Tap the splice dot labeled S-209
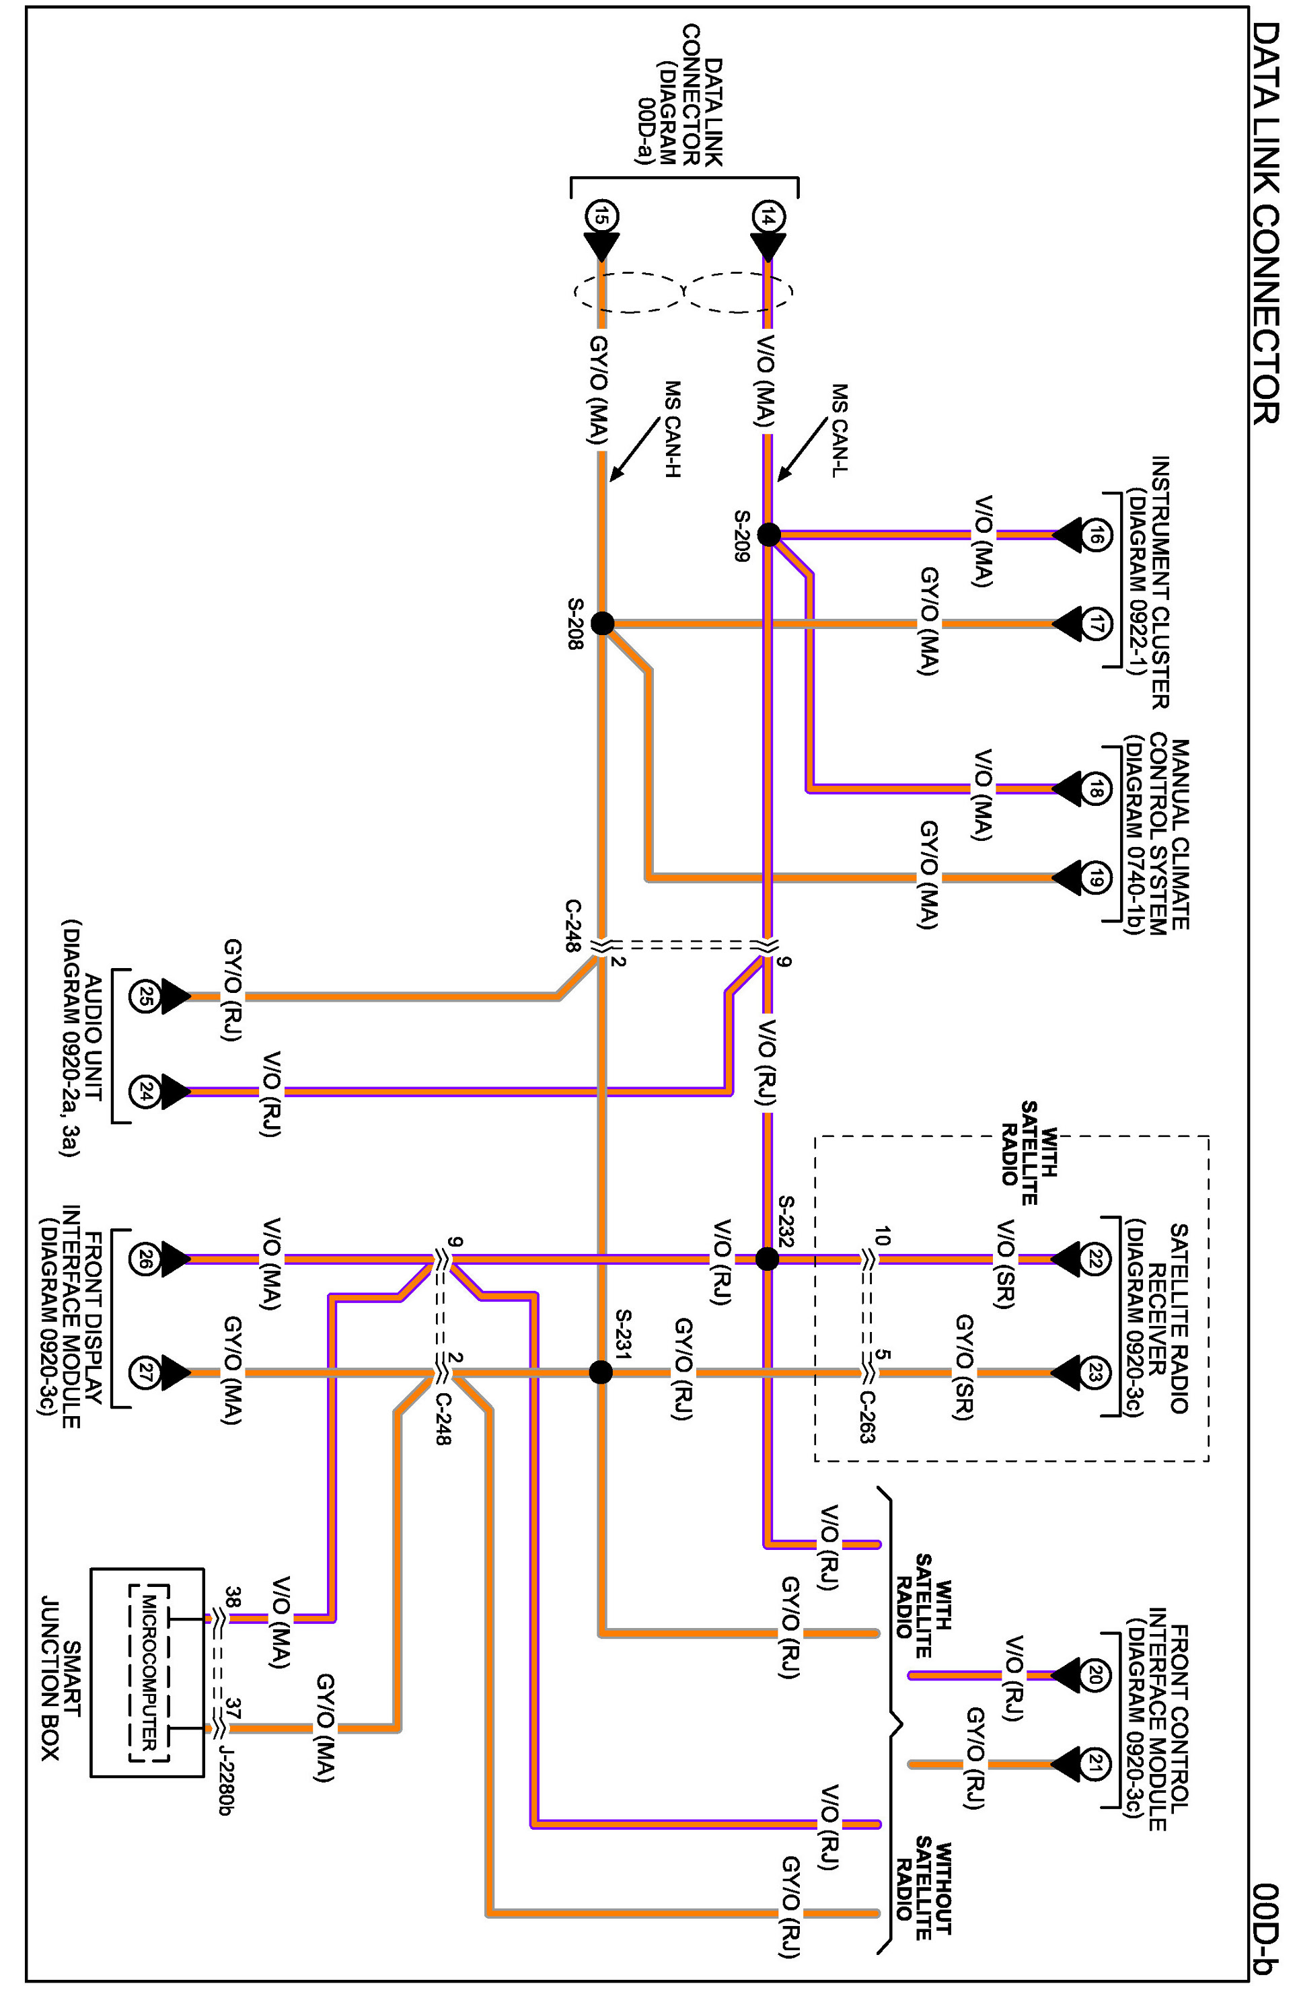pyautogui.click(x=769, y=534)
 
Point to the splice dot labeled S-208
pyautogui.click(x=602, y=624)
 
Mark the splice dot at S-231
pyautogui.click(x=601, y=1372)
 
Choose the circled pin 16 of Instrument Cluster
pyautogui.click(x=1096, y=534)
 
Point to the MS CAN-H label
pyautogui.click(x=671, y=430)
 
